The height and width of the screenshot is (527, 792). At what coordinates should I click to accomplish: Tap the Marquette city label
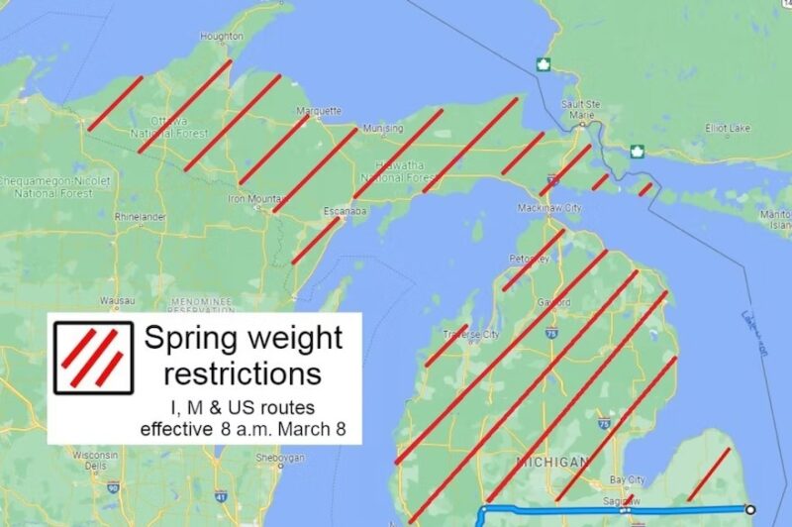pyautogui.click(x=319, y=111)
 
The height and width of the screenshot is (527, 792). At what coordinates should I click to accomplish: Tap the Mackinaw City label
pyautogui.click(x=549, y=208)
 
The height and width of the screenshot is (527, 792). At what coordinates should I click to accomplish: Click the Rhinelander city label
pyautogui.click(x=139, y=215)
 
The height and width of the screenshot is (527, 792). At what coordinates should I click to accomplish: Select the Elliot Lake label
pyautogui.click(x=728, y=128)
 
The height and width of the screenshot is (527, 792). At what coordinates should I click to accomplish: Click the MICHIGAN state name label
pyautogui.click(x=550, y=462)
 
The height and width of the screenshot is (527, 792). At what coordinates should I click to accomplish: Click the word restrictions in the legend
pyautogui.click(x=243, y=374)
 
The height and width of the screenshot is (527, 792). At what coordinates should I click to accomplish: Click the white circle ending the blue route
pyautogui.click(x=750, y=510)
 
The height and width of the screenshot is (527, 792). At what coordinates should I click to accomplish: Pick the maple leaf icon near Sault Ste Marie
pyautogui.click(x=542, y=65)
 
